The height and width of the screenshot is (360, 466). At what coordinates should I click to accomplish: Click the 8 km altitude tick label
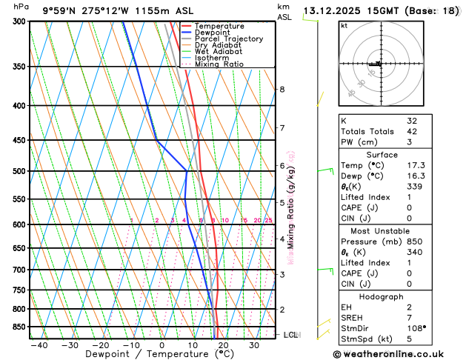pyautogui.click(x=282, y=90)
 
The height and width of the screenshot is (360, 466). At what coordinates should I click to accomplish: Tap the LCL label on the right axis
pyautogui.click(x=292, y=335)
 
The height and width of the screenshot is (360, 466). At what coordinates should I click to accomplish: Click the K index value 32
pyautogui.click(x=412, y=120)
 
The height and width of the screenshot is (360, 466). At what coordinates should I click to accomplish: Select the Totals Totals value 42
pyautogui.click(x=412, y=131)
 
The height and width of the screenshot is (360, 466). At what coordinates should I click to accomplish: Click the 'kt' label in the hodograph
pyautogui.click(x=344, y=25)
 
